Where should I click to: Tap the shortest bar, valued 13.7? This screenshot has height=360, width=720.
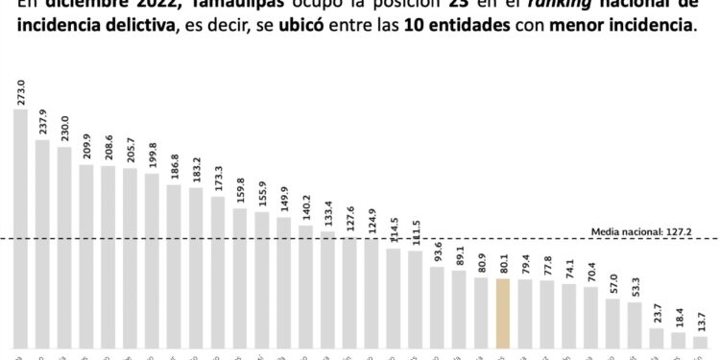coord(700,342)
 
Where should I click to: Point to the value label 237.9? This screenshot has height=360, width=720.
coord(42,121)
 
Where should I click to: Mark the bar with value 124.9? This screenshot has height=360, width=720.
coord(372,293)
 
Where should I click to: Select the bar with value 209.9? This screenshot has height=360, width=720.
coord(86,256)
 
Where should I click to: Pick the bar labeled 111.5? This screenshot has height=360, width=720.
coord(416,300)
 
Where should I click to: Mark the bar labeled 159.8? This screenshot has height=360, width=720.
coord(240,278)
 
